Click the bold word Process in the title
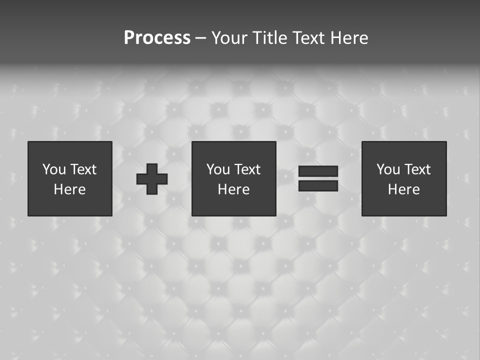(157, 38)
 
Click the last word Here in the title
(349, 38)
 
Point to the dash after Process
(200, 38)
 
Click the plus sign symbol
(152, 179)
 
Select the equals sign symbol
(318, 178)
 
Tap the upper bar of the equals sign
(318, 171)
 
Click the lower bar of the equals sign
(318, 185)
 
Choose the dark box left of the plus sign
(70, 178)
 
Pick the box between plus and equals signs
(233, 178)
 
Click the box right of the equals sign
(403, 178)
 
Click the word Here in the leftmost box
(70, 189)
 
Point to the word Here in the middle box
(233, 189)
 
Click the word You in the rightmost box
(388, 169)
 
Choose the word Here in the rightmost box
(403, 189)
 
